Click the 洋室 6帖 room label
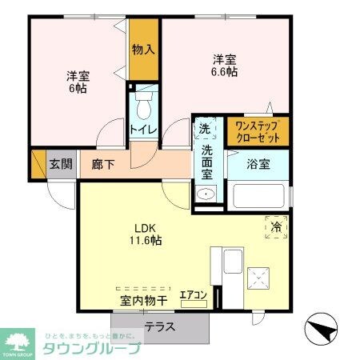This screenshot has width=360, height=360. tap(78, 82)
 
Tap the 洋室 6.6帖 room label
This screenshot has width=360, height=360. tap(224, 65)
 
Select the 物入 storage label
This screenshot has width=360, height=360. tap(143, 50)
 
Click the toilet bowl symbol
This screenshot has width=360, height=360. tap(144, 106)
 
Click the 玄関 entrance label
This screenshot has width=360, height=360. tap(61, 164)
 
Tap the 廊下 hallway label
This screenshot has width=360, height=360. tap(102, 164)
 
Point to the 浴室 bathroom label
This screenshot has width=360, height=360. tap(257, 164)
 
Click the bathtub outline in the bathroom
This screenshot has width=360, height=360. tap(257, 196)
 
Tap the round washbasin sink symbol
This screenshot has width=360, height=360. tap(206, 194)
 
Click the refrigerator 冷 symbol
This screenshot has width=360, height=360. tap(274, 227)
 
